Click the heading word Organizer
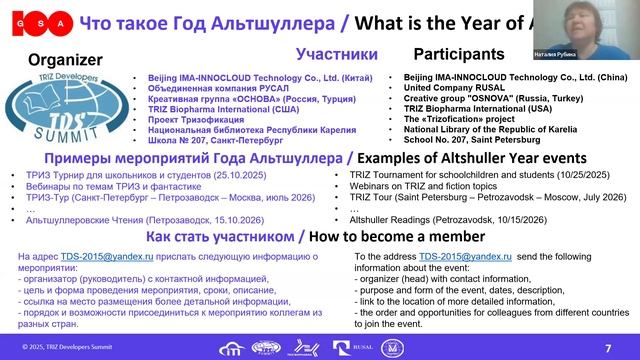coord(65,59)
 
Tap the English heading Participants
coord(459,54)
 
